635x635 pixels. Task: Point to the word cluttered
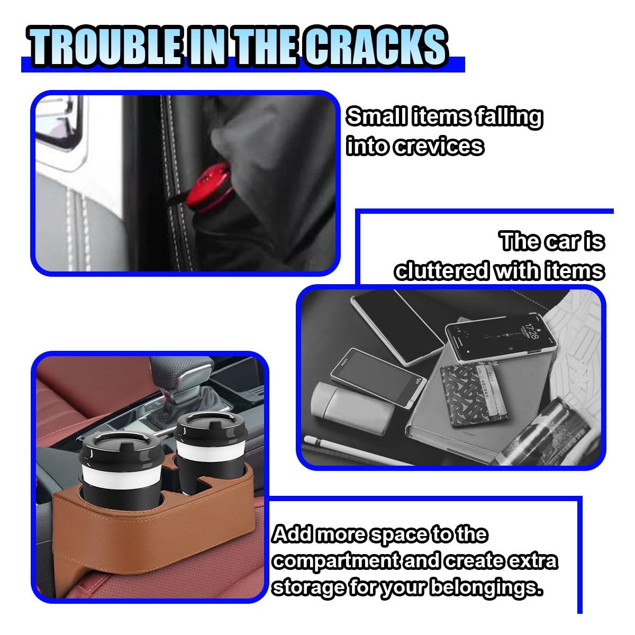441,271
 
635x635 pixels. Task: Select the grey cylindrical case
352,407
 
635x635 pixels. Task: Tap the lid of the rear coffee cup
211,429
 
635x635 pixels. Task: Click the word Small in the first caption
376,116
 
